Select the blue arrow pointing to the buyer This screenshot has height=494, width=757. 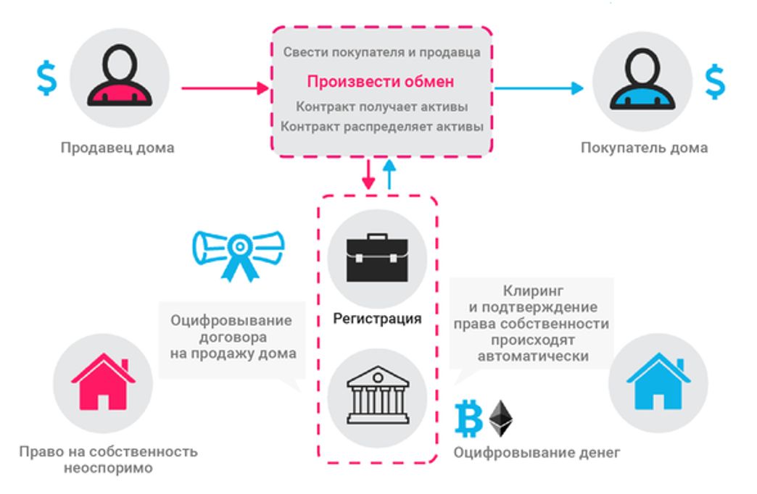coord(537,88)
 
